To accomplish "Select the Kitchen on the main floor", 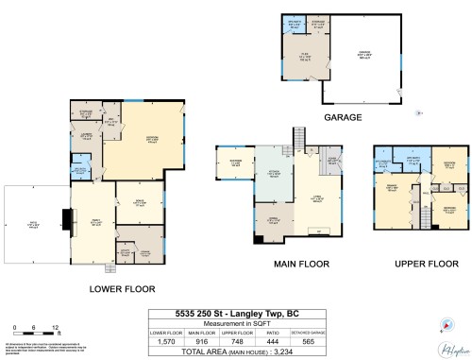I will (x=274, y=175).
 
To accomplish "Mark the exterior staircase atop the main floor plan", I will (x=300, y=143).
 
